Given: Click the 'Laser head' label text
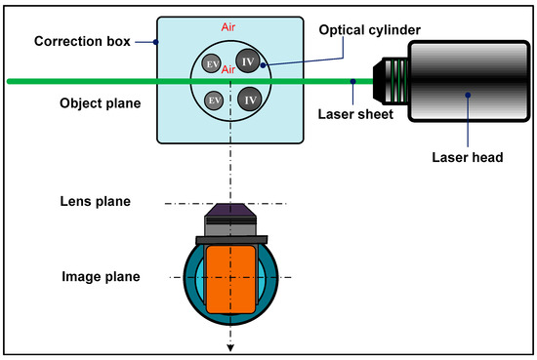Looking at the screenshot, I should click(x=467, y=155).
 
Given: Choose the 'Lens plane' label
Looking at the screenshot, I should click(x=95, y=202).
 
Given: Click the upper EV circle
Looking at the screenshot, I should click(x=212, y=63).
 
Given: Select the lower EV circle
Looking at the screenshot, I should click(x=212, y=100).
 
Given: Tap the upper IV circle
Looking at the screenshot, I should click(x=250, y=61).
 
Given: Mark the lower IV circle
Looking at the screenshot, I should click(x=250, y=100).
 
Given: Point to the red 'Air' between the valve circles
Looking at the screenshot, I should click(x=231, y=70).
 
